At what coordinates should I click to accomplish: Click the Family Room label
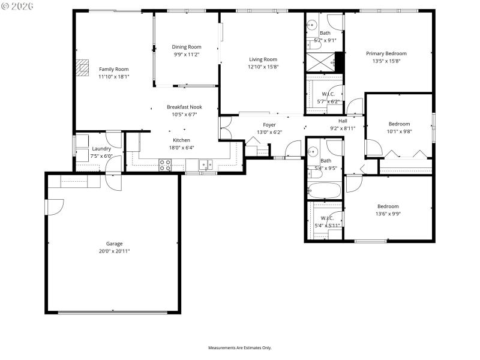pyautogui.click(x=113, y=69)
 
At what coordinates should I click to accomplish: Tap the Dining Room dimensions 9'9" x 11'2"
pyautogui.click(x=186, y=54)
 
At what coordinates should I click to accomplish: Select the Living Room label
pyautogui.click(x=263, y=59)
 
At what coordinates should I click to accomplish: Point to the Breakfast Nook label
pyautogui.click(x=184, y=107)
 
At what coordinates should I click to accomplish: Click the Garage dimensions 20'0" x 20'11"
pyautogui.click(x=115, y=251)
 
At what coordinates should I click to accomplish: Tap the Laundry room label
pyautogui.click(x=101, y=149)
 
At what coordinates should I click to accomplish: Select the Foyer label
pyautogui.click(x=269, y=125)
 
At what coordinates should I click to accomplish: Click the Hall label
pyautogui.click(x=343, y=121)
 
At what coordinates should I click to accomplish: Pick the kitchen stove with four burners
pyautogui.click(x=165, y=164)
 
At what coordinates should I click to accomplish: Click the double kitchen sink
pyautogui.click(x=206, y=164)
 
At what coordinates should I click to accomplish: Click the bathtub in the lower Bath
pyautogui.click(x=324, y=191)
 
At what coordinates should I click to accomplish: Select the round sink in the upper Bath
pyautogui.click(x=312, y=25)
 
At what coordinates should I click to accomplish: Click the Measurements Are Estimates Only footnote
pyautogui.click(x=240, y=347)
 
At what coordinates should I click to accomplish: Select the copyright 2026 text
pyautogui.click(x=18, y=5)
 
